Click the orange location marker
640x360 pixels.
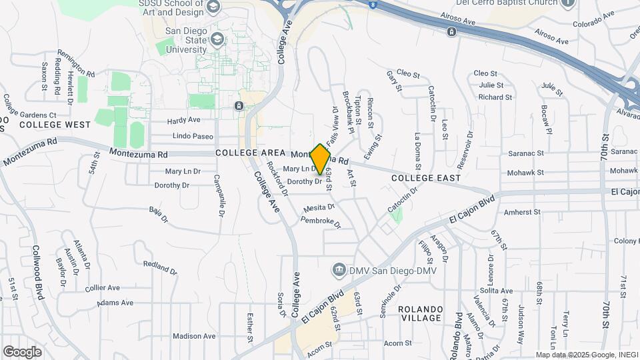click(x=321, y=159)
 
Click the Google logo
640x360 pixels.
click(x=23, y=351)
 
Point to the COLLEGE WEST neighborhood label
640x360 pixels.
click(x=55, y=125)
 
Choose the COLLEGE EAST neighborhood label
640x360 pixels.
click(x=426, y=178)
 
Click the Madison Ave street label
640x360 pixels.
click(x=194, y=336)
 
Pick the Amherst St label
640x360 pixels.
click(x=522, y=212)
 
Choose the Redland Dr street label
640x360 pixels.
click(x=161, y=268)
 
